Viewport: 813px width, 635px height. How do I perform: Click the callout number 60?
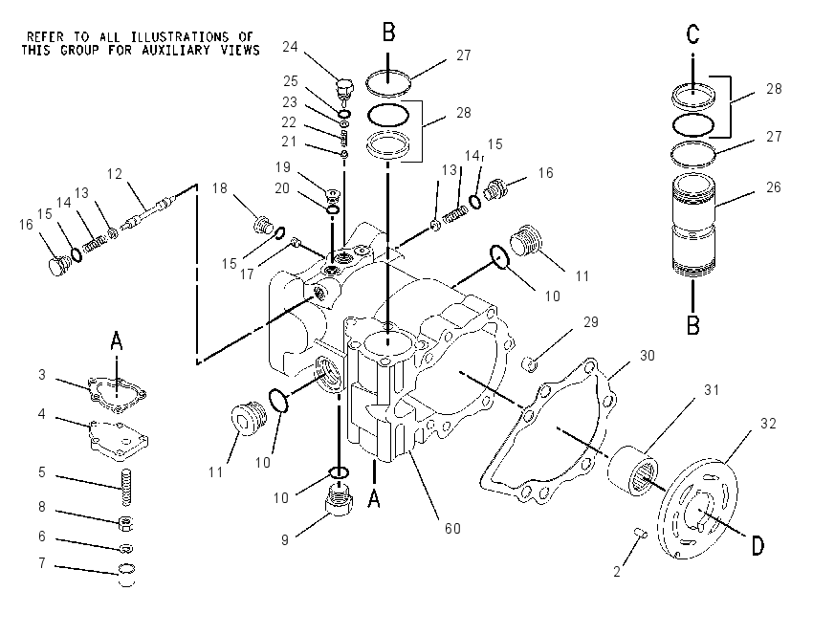[452, 528]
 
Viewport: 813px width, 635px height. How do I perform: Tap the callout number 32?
[768, 424]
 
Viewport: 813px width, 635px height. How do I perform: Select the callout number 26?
[773, 187]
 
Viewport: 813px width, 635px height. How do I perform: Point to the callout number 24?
[290, 47]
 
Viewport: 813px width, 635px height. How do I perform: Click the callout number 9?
[285, 539]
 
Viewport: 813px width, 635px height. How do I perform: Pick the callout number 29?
[591, 322]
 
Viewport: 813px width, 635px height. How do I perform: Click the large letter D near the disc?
[758, 546]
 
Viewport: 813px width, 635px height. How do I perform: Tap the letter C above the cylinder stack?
[692, 34]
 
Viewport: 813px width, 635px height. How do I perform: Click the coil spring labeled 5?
[126, 488]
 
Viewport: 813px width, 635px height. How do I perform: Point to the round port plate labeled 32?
[697, 508]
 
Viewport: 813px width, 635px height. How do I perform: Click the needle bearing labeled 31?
[632, 470]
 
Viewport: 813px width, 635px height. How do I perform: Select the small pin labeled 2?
[640, 533]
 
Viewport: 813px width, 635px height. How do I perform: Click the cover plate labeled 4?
[119, 440]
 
